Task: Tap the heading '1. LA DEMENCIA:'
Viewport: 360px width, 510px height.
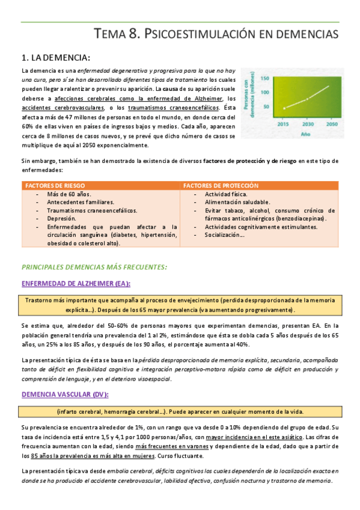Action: click(x=55, y=58)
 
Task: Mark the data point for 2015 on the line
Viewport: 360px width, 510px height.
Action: click(x=284, y=108)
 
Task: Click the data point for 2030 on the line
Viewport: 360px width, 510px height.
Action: click(x=308, y=99)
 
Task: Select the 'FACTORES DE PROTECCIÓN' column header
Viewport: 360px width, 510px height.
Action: click(x=221, y=186)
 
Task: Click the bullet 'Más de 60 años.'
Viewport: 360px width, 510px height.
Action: click(x=69, y=194)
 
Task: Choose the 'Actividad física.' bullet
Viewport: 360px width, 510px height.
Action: click(x=226, y=194)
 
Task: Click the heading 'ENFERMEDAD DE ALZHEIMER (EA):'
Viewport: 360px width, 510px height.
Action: click(x=76, y=284)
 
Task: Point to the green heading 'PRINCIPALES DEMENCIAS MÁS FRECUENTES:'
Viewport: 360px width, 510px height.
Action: click(x=94, y=266)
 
